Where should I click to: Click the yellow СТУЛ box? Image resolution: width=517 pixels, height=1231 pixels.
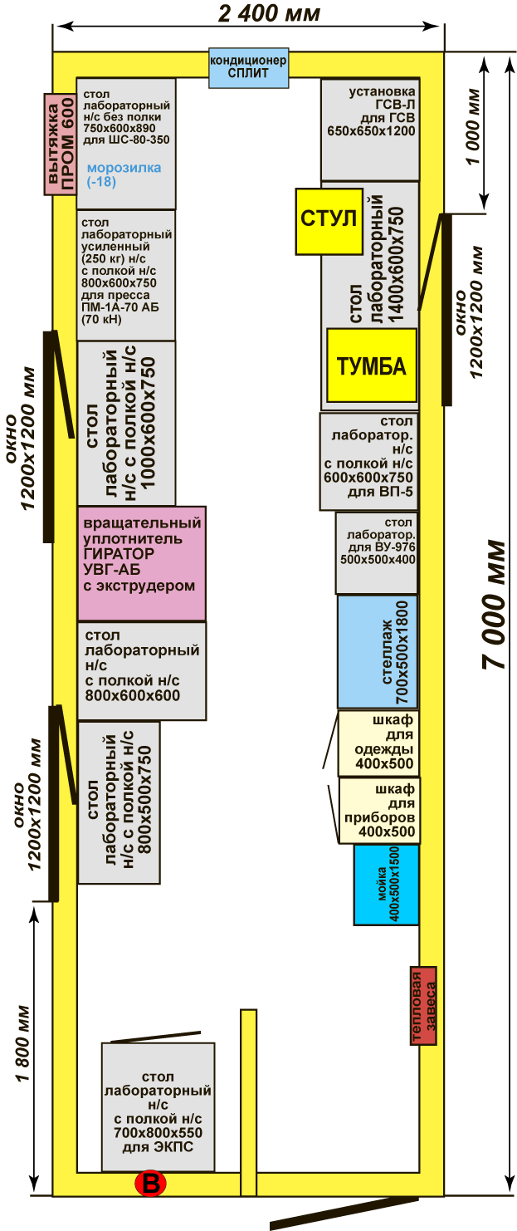pos(329,221)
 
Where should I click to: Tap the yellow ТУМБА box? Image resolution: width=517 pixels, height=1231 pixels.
pos(371,365)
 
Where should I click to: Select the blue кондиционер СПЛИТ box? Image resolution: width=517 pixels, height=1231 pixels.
pos(248,68)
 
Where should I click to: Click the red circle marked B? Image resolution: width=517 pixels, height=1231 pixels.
pos(151,1184)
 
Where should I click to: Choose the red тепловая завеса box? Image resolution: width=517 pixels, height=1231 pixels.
pos(423,1005)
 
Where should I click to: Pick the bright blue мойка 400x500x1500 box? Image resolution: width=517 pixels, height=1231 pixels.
pos(386,885)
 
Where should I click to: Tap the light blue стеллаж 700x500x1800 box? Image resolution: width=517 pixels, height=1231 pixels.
pos(378,651)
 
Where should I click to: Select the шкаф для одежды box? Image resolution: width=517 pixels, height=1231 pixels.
pos(378,743)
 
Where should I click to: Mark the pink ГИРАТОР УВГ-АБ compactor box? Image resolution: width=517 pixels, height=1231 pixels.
pos(141,563)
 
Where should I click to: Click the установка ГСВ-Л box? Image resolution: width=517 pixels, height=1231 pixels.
pos(370,129)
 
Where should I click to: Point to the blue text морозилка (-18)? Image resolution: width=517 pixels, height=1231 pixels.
pos(124,174)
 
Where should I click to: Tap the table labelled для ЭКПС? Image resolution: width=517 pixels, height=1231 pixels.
pos(158,1106)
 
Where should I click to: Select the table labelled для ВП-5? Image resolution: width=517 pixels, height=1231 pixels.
pos(368,461)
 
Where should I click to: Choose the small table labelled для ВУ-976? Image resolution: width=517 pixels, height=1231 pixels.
pos(377,552)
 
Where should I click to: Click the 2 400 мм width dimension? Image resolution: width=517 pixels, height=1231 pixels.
pos(269,14)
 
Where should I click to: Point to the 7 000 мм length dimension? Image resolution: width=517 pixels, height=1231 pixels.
pos(495,604)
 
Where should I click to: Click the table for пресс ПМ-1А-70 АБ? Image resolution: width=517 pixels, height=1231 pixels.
pos(125,274)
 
